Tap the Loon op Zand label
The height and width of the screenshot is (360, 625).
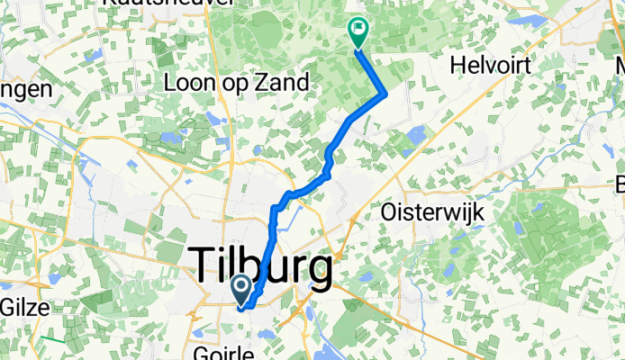click(238, 83)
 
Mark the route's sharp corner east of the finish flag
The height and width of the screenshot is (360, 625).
click(386, 92)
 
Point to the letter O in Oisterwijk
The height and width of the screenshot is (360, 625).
click(390, 212)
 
